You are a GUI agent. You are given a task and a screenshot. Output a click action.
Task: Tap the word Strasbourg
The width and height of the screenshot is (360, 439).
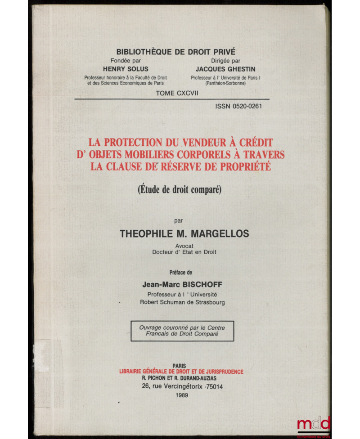209,302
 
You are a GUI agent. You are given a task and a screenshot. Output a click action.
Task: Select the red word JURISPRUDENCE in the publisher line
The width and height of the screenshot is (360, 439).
217,372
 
